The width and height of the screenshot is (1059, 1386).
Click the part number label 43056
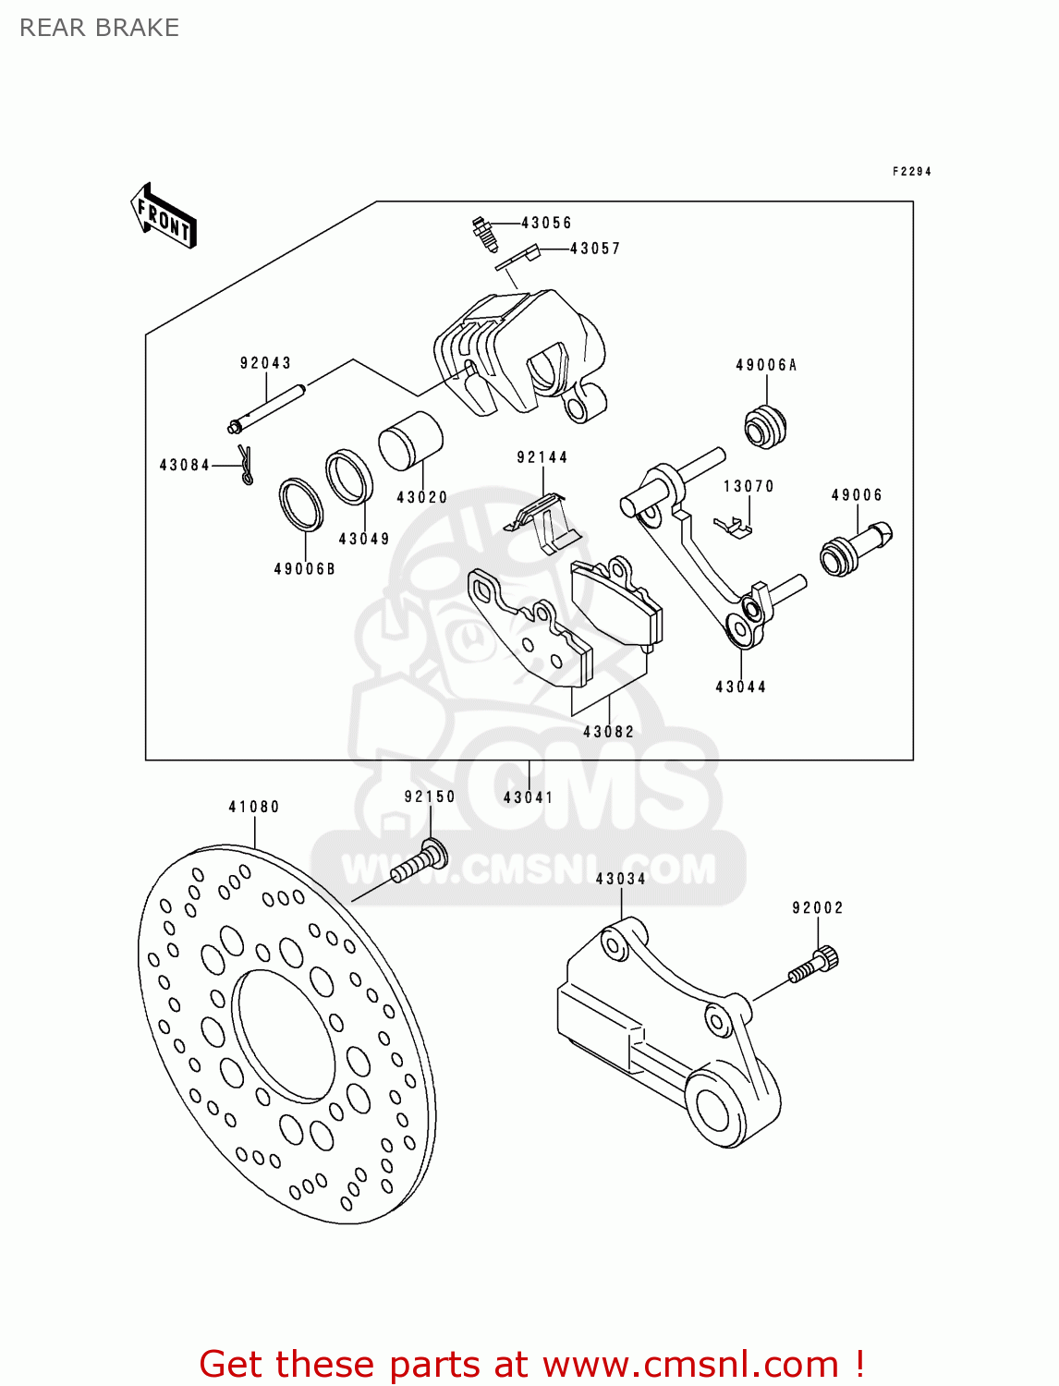point(546,223)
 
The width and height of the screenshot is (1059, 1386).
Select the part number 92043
point(265,363)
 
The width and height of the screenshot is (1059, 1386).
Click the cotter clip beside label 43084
point(246,465)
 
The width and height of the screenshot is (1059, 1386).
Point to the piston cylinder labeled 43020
point(410,442)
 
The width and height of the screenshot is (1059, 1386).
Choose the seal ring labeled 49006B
point(301,505)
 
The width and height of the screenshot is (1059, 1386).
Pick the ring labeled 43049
point(349,477)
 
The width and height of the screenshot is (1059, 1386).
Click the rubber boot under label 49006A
point(765,427)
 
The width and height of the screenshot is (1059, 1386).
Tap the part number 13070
point(749,486)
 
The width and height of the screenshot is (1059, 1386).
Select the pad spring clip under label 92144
point(545,522)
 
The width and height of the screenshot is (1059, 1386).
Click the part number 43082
point(608,732)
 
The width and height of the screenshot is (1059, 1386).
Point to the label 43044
point(740,687)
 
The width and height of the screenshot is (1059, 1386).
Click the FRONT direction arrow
point(164,216)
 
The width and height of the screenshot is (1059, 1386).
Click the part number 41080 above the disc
point(254,807)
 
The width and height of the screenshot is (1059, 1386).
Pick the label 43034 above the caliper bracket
point(620,879)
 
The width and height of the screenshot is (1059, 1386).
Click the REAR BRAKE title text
point(100,28)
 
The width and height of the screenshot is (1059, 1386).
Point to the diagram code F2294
point(911,172)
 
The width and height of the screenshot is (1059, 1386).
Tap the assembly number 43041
point(528,797)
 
